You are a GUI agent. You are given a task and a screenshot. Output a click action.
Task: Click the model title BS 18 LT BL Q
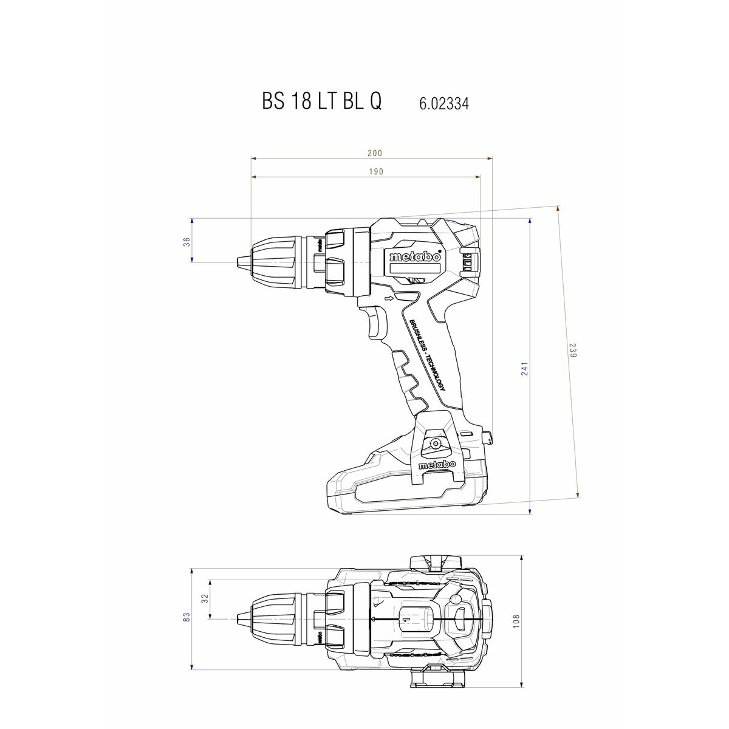(x=322, y=101)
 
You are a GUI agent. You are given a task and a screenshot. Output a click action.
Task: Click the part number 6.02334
(x=443, y=104)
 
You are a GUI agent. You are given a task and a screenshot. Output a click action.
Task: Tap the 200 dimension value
(x=375, y=154)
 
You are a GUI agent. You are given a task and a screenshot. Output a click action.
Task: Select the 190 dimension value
(x=376, y=172)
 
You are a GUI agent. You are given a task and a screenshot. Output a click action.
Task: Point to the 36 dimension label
(x=187, y=241)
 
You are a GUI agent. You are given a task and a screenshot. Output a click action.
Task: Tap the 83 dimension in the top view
(x=187, y=617)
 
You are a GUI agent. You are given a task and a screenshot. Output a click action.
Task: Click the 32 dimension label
(x=205, y=598)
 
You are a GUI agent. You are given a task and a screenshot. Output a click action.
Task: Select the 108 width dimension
(x=517, y=621)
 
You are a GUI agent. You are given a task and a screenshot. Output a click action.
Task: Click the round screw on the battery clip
(x=435, y=444)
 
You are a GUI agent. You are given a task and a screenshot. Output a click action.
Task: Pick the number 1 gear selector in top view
(x=403, y=620)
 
